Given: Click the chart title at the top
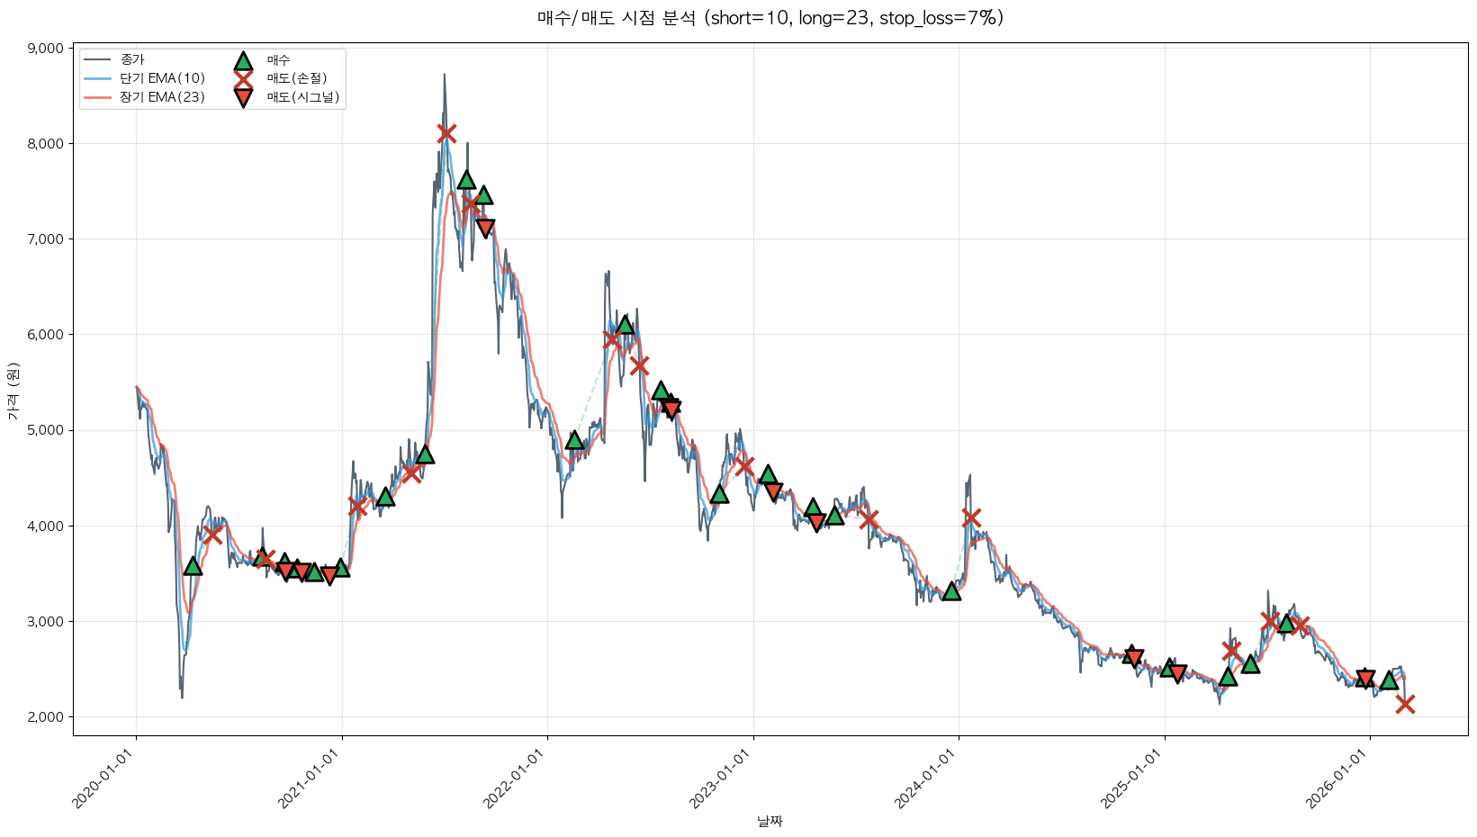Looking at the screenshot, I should tap(770, 18).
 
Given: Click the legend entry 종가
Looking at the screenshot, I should tap(132, 59).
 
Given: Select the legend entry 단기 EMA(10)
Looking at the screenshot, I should tap(163, 78).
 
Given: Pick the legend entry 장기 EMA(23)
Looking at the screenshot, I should tap(163, 97).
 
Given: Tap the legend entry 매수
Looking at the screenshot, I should tap(278, 59).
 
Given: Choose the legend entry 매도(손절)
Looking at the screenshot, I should tap(296, 78).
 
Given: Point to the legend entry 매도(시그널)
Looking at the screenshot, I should tap(302, 97).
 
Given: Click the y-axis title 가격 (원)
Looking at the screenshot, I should tap(14, 391).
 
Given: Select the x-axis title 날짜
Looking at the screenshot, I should tap(770, 821).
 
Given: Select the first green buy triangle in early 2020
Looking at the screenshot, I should tap(193, 566).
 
